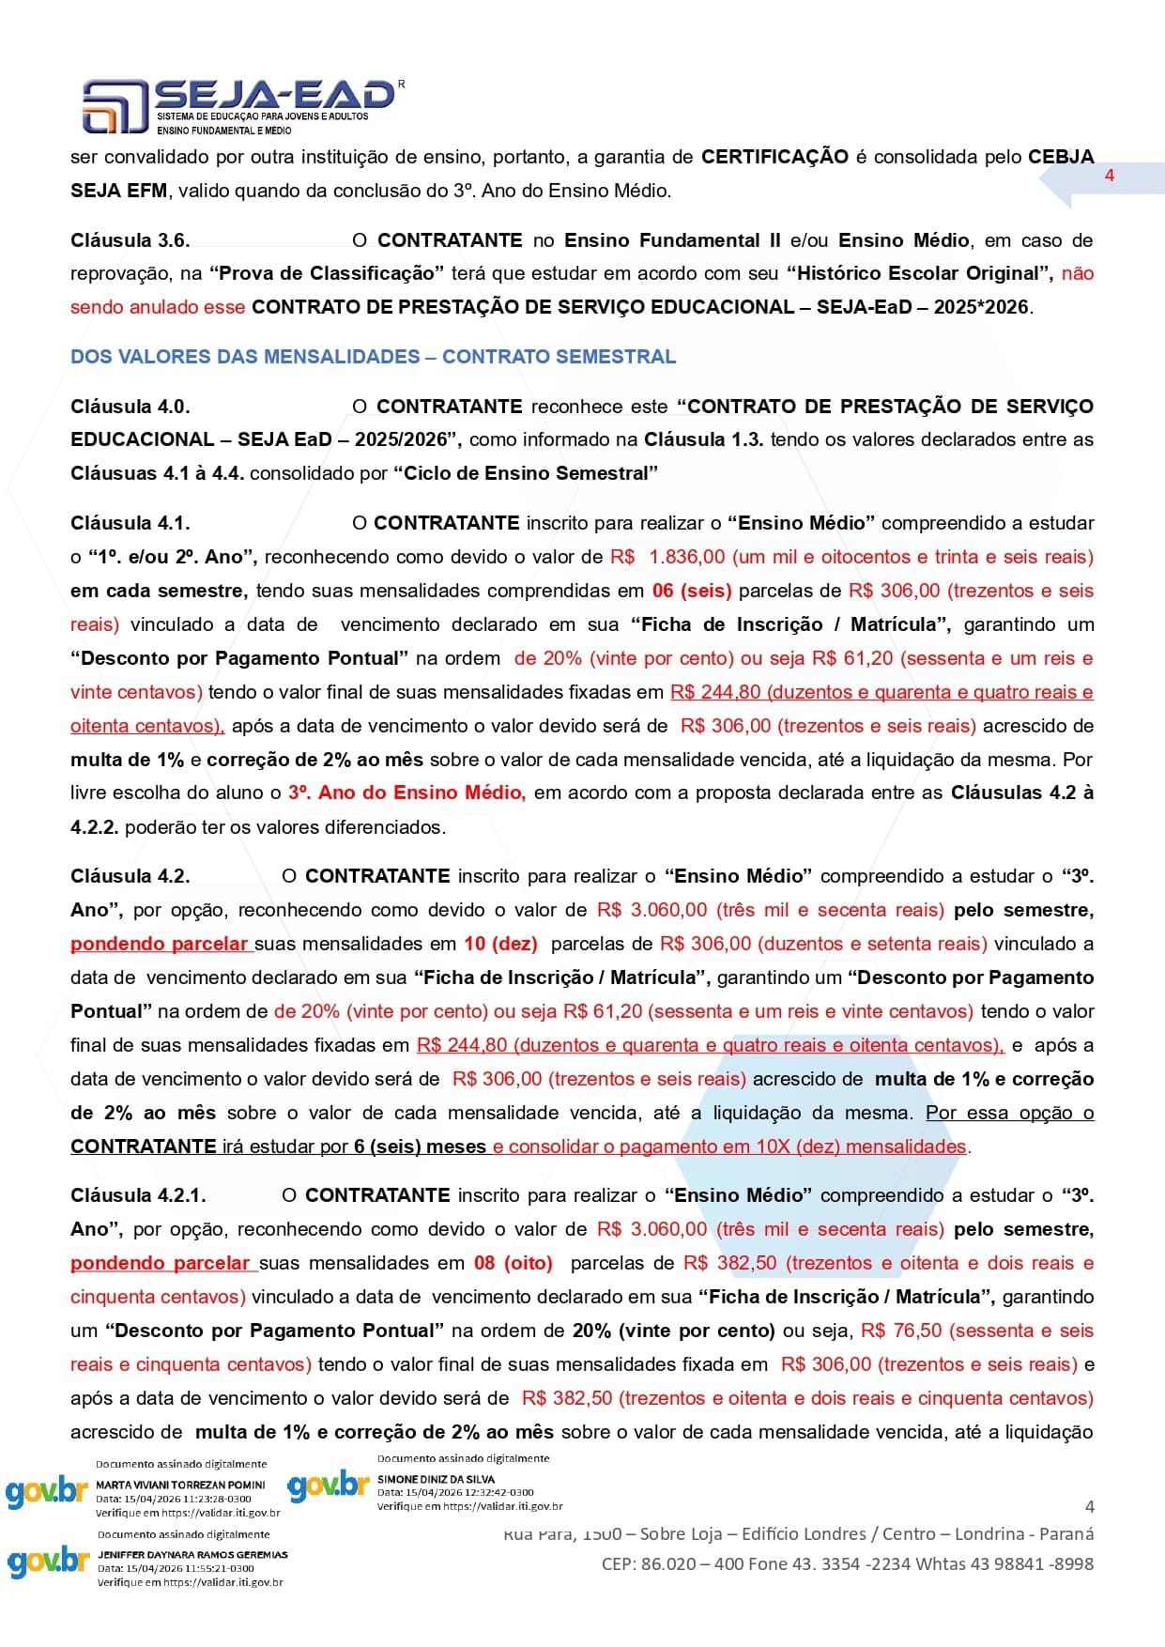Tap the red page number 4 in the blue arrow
coord(1109,176)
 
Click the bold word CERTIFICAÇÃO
coord(774,157)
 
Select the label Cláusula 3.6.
coord(130,240)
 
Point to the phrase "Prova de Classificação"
coord(327,273)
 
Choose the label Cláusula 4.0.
coord(130,407)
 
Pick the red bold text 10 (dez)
coord(500,944)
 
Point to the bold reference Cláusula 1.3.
coord(703,439)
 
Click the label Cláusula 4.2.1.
coord(138,1195)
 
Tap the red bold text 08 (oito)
coord(513,1263)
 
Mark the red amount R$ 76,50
coord(900,1331)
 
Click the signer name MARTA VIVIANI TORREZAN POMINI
coord(180,1485)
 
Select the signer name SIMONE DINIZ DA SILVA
coord(436,1479)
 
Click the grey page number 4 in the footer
coord(1089,1507)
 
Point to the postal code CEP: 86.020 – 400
coord(666,1564)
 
